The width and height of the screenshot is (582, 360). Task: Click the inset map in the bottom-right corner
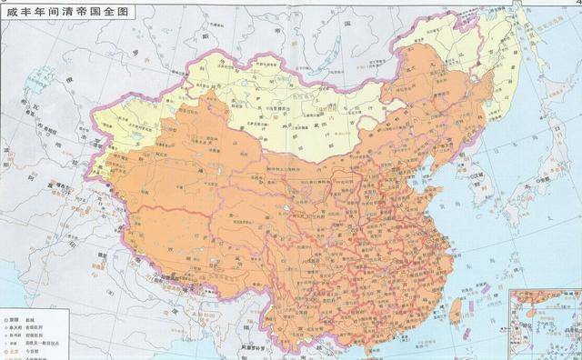[544, 323]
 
